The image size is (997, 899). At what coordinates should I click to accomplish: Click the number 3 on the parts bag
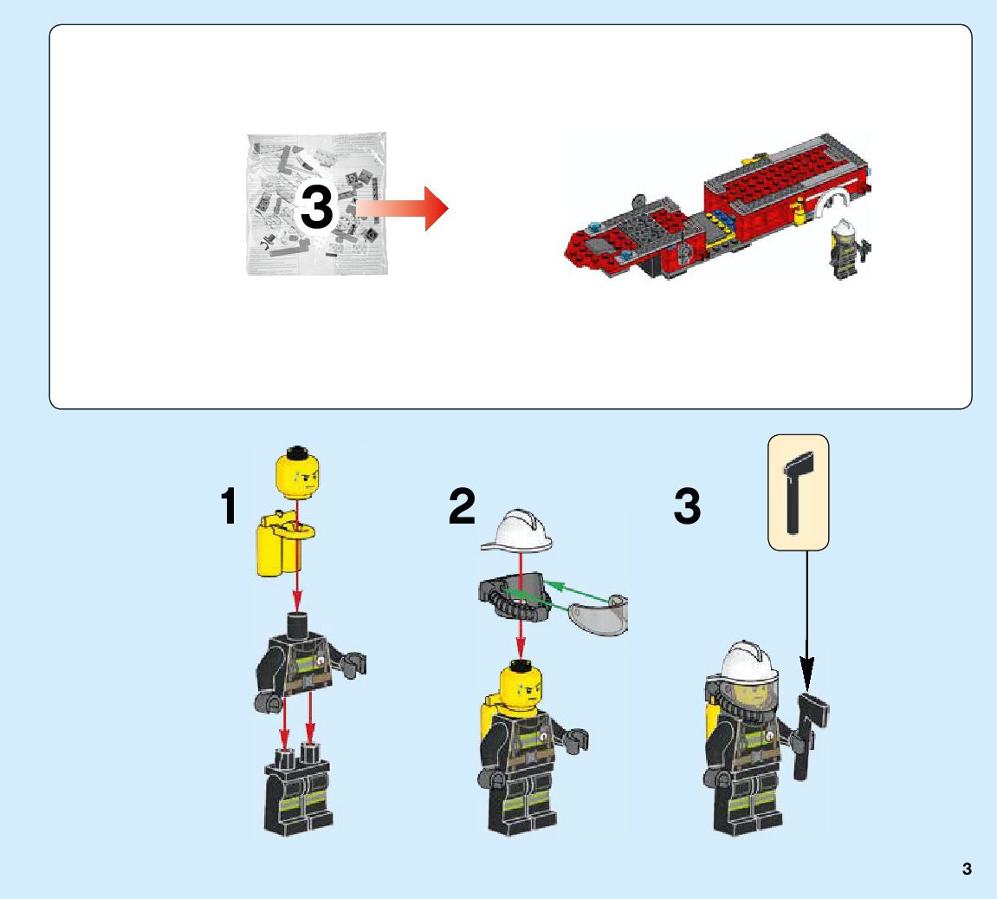pyautogui.click(x=317, y=207)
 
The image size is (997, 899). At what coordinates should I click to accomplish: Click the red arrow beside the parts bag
pyautogui.click(x=402, y=208)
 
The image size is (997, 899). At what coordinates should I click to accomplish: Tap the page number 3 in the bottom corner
pyautogui.click(x=967, y=870)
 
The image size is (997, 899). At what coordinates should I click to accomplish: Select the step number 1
pyautogui.click(x=229, y=505)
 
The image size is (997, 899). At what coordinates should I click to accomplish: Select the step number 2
pyautogui.click(x=462, y=505)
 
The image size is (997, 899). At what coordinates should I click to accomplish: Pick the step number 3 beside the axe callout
pyautogui.click(x=688, y=505)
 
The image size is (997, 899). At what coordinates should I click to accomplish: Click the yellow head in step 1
pyautogui.click(x=297, y=472)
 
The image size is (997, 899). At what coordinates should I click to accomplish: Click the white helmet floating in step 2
pyautogui.click(x=518, y=530)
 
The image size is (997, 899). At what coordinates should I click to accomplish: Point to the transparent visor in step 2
pyautogui.click(x=599, y=616)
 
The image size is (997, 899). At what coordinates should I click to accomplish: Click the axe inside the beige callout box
pyautogui.click(x=798, y=492)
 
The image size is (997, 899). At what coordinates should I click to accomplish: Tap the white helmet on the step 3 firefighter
pyautogui.click(x=748, y=661)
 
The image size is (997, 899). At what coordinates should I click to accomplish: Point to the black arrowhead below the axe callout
pyautogui.click(x=807, y=675)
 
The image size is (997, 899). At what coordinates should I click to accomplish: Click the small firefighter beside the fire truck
pyautogui.click(x=847, y=250)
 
